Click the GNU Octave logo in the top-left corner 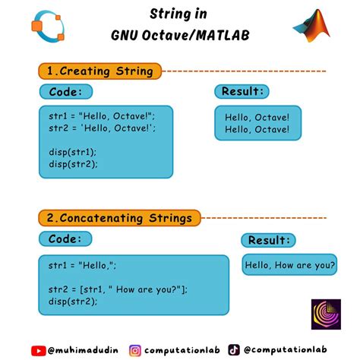48,27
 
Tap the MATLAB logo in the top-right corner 313,27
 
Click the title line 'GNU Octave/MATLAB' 180,36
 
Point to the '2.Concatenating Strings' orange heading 118,218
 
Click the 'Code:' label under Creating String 65,92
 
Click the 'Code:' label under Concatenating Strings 65,239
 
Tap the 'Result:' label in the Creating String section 243,92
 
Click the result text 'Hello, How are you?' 289,265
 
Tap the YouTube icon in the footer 38,350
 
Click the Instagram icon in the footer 135,350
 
